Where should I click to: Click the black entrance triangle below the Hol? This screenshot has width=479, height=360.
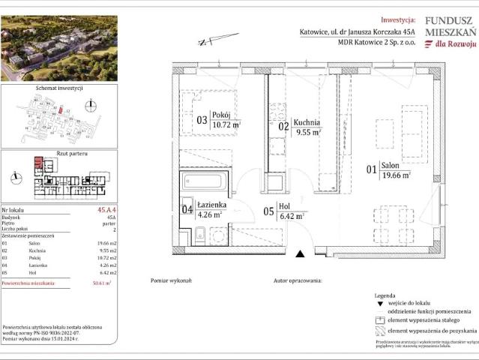[301, 255]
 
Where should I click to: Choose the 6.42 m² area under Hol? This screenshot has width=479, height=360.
[290, 216]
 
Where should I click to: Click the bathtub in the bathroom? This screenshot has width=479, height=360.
[203, 182]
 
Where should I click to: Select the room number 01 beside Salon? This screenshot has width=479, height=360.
[371, 170]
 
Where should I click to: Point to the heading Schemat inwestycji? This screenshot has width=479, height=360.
[58, 88]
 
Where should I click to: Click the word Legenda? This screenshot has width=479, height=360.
[386, 297]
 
